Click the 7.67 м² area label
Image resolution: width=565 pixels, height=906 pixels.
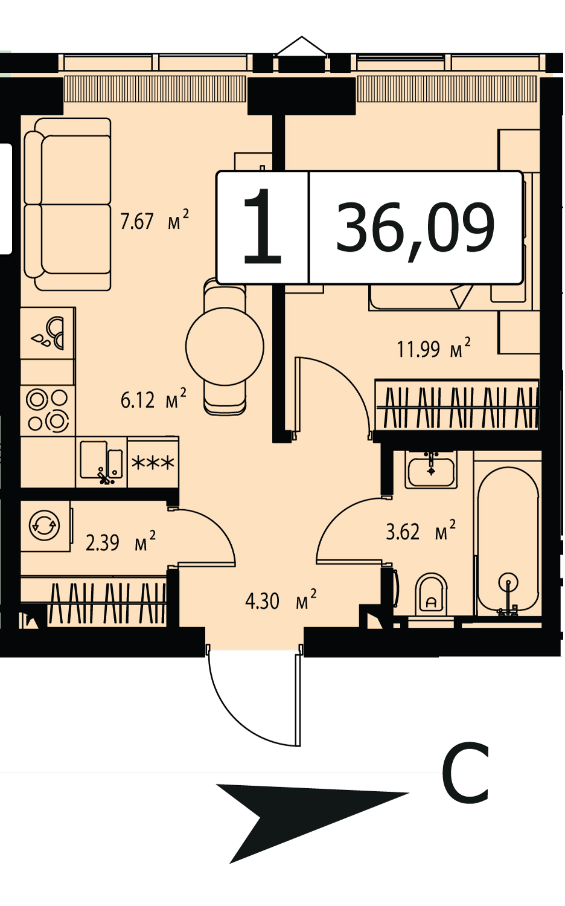pos(155,220)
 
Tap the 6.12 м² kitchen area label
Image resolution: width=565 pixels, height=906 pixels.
pos(153,399)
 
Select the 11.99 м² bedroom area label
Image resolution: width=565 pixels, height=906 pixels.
pos(434,348)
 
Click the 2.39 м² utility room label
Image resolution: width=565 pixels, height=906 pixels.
pos(121,542)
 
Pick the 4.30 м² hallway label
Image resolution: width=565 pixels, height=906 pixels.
pos(281,600)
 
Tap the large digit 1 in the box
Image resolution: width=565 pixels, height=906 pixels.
pos(263,226)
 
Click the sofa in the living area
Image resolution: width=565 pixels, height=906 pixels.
pos(68,204)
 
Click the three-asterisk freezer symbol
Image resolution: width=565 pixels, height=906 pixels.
pos(153,462)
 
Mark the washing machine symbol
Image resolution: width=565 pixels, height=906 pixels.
pos(45,525)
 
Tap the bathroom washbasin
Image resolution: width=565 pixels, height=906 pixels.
pos(431,469)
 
